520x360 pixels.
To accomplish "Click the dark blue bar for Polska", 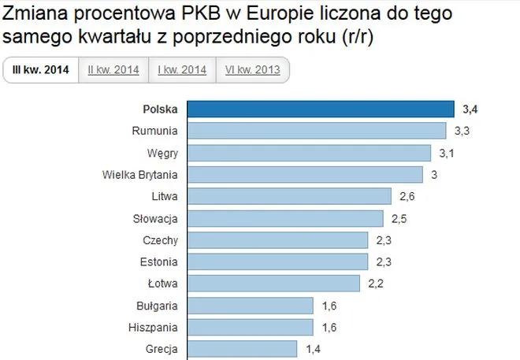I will (321, 109).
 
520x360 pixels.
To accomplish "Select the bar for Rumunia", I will (318, 131).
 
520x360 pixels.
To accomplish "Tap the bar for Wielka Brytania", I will (306, 174).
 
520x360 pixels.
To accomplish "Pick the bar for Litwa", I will (290, 196).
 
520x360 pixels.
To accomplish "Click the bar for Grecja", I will (243, 348).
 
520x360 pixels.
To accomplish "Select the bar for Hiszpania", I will (251, 326).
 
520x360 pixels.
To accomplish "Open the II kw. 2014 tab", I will (113, 70).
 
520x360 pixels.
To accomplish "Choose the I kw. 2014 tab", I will (183, 70).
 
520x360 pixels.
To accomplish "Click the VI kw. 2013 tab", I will (252, 70).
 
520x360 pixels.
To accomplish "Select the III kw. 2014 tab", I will (40, 70).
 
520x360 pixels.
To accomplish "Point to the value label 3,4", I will (470, 109).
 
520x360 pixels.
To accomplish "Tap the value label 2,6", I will (407, 196).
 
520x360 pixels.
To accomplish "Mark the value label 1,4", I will (312, 348).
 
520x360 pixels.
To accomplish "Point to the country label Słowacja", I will (156, 218).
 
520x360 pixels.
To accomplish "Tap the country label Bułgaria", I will (157, 305).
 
